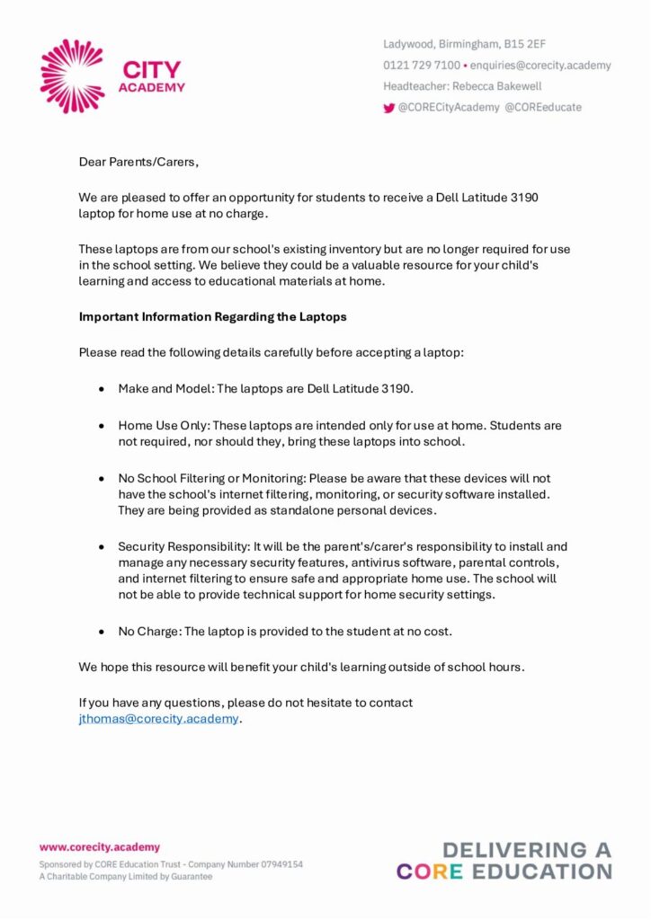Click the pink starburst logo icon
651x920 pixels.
(x=73, y=76)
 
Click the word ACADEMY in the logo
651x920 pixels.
(x=152, y=87)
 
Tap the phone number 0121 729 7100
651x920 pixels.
(x=422, y=66)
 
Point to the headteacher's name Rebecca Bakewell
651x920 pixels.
(x=497, y=86)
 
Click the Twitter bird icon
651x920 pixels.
(x=389, y=108)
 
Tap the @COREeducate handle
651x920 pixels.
(x=543, y=107)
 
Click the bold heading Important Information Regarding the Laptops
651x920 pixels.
(x=212, y=317)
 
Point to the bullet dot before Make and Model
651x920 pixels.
(x=102, y=389)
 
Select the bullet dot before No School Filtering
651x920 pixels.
(x=102, y=479)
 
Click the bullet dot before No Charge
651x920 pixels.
(x=102, y=632)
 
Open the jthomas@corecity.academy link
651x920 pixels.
(x=159, y=719)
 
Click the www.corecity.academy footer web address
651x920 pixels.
(x=99, y=846)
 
